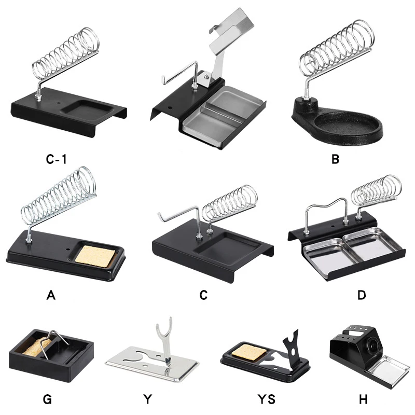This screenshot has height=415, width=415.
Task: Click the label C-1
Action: pyautogui.click(x=56, y=159)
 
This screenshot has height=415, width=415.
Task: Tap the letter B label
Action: pyautogui.click(x=335, y=159)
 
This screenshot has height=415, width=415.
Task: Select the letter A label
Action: pyautogui.click(x=51, y=295)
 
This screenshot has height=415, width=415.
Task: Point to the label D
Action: pyautogui.click(x=362, y=295)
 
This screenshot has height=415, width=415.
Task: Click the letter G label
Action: pyautogui.click(x=47, y=399)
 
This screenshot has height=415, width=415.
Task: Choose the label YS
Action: pyautogui.click(x=267, y=399)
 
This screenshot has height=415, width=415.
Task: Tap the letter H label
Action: pyautogui.click(x=363, y=399)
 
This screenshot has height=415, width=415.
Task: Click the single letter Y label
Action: pyautogui.click(x=148, y=399)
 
